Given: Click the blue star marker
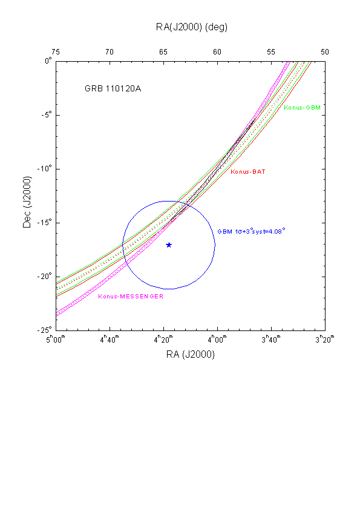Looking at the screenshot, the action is pos(169,245).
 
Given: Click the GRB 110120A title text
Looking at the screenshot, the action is pos(113,88).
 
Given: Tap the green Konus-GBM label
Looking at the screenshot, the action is pos(302,108).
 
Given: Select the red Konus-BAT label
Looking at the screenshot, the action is pos(248,172).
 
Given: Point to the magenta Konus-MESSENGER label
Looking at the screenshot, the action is pos(131,297).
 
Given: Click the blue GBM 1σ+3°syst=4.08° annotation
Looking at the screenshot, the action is pos(251,231).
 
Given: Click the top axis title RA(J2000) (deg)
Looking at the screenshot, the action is pos(192,27).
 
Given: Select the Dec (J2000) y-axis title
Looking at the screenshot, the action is pos(27,202).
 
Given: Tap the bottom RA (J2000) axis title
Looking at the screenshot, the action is pos(191,354).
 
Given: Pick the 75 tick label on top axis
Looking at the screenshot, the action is pos(56,52).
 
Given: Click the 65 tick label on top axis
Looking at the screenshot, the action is pos(163,52).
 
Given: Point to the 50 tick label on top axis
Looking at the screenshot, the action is pos(325,52).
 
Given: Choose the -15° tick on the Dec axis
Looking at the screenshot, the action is pos(45,223).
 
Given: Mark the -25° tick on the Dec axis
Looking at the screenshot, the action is pos(45,330).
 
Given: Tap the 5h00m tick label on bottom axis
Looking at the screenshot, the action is pos(56,339).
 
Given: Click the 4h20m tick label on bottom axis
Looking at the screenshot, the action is pos(163,339).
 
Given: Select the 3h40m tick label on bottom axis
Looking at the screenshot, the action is pos(271,339).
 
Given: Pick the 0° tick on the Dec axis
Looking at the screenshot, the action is pos(48,61).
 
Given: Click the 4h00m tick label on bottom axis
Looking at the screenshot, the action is pos(217,339).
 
